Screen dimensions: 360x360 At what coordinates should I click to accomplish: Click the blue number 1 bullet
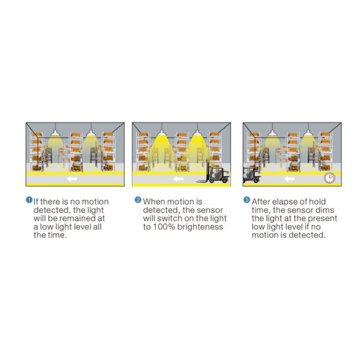click(x=29, y=200)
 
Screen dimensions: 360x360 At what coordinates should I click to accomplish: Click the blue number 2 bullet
click(x=138, y=200)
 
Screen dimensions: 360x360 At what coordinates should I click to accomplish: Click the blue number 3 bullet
click(x=247, y=200)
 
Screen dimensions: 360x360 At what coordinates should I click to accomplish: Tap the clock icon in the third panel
click(x=329, y=178)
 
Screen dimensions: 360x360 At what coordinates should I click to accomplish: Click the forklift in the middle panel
click(x=214, y=175)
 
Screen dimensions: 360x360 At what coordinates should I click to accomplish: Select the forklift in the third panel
click(x=251, y=175)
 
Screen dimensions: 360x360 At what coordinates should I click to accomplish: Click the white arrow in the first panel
click(x=72, y=179)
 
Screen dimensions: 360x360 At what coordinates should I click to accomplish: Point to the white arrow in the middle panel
click(x=178, y=179)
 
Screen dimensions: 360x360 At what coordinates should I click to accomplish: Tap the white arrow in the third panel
click(x=289, y=179)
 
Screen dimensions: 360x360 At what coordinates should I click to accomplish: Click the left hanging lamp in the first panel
click(x=55, y=133)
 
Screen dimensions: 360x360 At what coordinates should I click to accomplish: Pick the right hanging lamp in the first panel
click(x=91, y=133)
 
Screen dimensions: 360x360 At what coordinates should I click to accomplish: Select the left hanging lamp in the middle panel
click(x=161, y=133)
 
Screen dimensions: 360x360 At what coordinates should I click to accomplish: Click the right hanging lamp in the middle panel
click(x=197, y=133)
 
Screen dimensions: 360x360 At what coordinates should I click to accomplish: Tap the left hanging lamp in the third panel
click(x=272, y=133)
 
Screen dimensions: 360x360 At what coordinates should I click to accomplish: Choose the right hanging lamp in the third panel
click(x=308, y=133)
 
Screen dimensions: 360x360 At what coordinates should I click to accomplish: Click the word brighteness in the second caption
click(x=200, y=227)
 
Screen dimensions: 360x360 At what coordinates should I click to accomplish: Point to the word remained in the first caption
click(x=76, y=218)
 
